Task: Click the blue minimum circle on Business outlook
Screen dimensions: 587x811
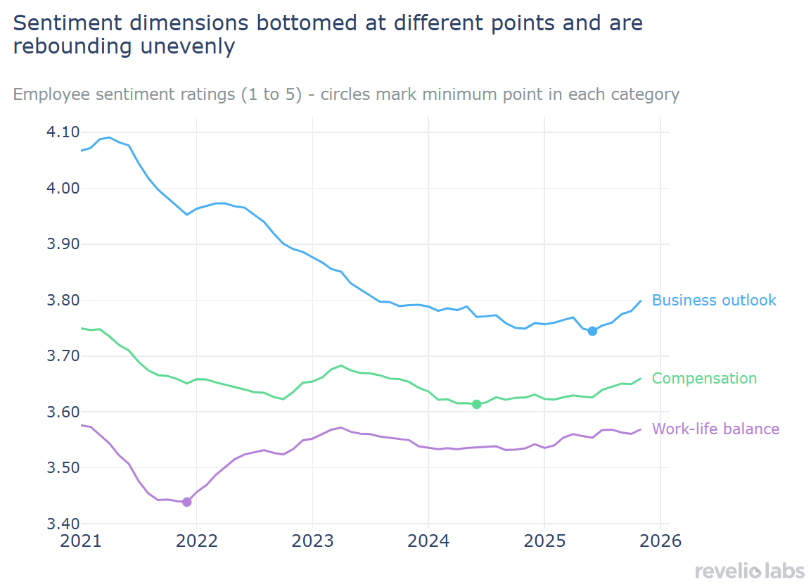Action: pyautogui.click(x=592, y=331)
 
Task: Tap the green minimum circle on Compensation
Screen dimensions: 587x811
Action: pyautogui.click(x=477, y=404)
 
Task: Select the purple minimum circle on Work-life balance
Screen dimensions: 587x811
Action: pyautogui.click(x=186, y=502)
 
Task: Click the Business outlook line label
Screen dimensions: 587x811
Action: pyautogui.click(x=714, y=301)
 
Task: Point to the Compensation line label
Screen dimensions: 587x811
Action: pyautogui.click(x=704, y=379)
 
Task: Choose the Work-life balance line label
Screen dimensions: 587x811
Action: pyautogui.click(x=715, y=429)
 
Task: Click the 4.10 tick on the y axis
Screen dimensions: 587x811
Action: pyautogui.click(x=60, y=132)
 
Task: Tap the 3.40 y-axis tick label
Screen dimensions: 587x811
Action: pyautogui.click(x=60, y=524)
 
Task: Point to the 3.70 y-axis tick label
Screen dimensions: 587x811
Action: pyautogui.click(x=60, y=356)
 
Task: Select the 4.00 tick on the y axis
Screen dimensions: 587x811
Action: pyautogui.click(x=60, y=188)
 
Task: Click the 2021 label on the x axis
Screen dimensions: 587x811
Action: pyautogui.click(x=81, y=541)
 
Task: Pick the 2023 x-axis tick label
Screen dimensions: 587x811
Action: pyautogui.click(x=312, y=541)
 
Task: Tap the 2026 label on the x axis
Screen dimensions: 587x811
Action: pyautogui.click(x=660, y=541)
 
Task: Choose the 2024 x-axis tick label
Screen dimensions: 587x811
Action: pyautogui.click(x=428, y=541)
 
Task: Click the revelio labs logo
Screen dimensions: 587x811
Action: pyautogui.click(x=749, y=570)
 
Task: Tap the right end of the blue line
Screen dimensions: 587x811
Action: pyautogui.click(x=640, y=301)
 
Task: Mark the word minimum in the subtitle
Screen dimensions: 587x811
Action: pyautogui.click(x=449, y=94)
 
